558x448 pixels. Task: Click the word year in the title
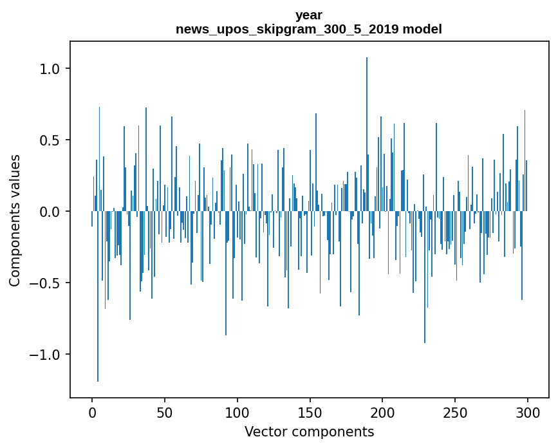(x=309, y=15)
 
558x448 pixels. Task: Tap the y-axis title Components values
(x=15, y=220)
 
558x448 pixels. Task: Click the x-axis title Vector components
(x=309, y=432)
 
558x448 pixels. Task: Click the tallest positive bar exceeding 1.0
(x=367, y=129)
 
